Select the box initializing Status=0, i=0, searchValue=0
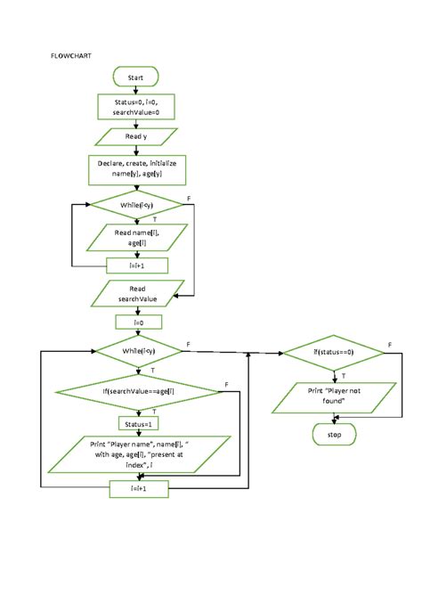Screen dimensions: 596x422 pyautogui.click(x=136, y=107)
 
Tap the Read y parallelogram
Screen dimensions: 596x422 pyautogui.click(x=136, y=136)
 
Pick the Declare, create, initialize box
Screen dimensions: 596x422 pyautogui.click(x=136, y=169)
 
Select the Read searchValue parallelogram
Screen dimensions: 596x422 pyautogui.click(x=136, y=294)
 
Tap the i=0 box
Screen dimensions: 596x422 pyautogui.click(x=136, y=322)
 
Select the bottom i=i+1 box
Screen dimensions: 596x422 pyautogui.click(x=136, y=488)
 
